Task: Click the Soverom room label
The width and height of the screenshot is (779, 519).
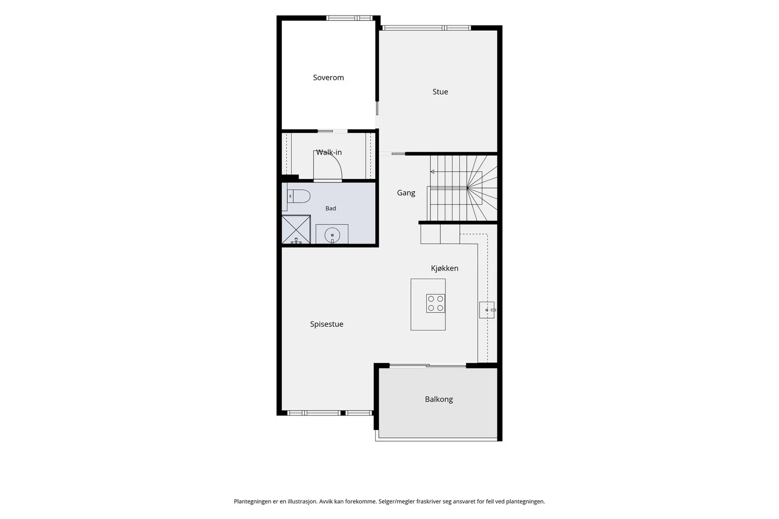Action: click(328, 77)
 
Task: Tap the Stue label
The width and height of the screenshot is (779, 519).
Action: click(440, 92)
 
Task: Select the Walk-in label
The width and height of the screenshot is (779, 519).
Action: click(329, 152)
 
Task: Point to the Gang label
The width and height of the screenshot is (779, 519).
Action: click(406, 193)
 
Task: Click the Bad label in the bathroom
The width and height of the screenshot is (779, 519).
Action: click(331, 209)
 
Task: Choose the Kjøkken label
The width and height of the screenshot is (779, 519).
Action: click(445, 268)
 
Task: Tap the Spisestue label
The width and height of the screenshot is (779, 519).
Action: click(327, 324)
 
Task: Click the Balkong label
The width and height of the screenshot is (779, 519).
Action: click(439, 399)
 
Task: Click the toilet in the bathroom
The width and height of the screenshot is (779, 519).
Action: click(299, 197)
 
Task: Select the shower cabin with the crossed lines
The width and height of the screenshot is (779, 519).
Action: click(296, 229)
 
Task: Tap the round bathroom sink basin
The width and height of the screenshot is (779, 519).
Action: click(332, 235)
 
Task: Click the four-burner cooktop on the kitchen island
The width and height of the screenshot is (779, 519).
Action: click(436, 303)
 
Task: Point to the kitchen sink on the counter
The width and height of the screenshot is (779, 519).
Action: click(487, 310)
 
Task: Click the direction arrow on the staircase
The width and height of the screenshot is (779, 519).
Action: click(432, 172)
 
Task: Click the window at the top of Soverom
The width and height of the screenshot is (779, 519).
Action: click(350, 18)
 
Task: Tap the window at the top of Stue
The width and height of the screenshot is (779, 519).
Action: click(427, 28)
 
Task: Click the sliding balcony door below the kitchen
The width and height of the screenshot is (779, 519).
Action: click(428, 365)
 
